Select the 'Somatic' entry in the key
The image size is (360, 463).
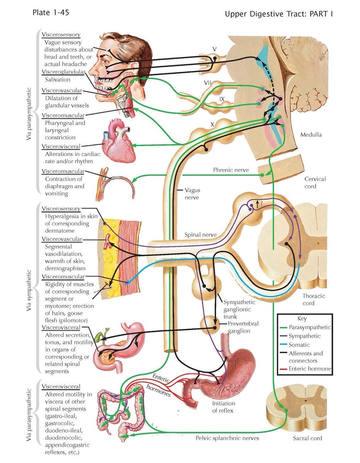point(299,345)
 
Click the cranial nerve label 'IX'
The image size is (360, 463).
point(222,99)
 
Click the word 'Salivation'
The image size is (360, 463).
point(57,79)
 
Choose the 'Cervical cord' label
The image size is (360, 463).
point(315,182)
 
